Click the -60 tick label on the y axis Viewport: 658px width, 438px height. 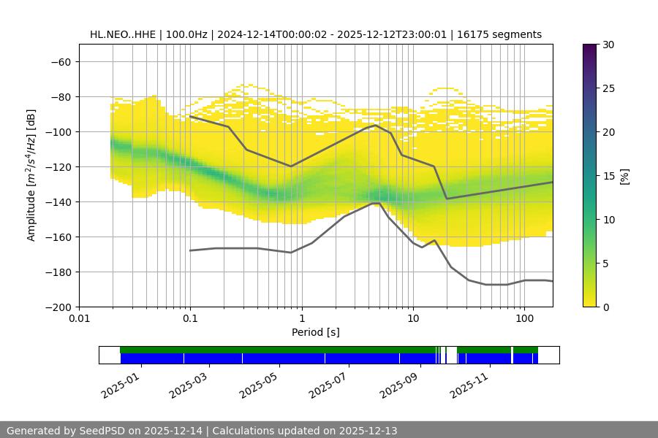pyautogui.click(x=60, y=61)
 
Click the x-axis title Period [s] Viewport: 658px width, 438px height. pyautogui.click(x=315, y=332)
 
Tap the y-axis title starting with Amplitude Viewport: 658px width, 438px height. pyautogui.click(x=31, y=175)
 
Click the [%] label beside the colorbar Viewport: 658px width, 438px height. pyautogui.click(x=624, y=176)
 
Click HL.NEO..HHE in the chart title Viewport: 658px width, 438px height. pyautogui.click(x=123, y=34)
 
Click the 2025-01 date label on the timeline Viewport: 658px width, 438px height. pyautogui.click(x=119, y=382)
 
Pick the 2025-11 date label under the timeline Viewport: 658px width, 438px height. pyautogui.click(x=468, y=382)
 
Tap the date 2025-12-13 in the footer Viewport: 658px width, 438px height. pyautogui.click(x=368, y=431)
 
